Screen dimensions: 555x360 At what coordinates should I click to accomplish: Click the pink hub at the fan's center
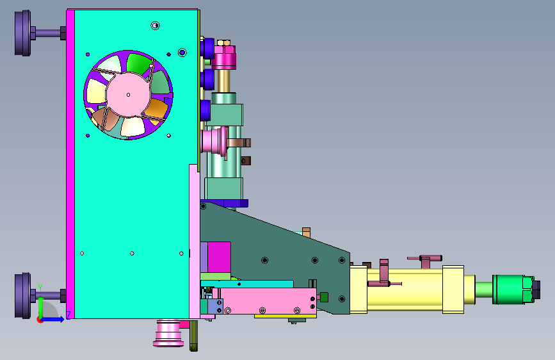(128, 95)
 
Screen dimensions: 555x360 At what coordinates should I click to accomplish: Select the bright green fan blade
(138, 64)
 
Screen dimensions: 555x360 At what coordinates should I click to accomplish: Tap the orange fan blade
(156, 109)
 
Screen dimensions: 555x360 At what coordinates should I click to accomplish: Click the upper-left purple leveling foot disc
(22, 33)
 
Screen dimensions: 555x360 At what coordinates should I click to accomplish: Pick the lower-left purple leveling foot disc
(22, 295)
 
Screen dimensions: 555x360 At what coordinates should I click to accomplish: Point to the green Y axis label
(40, 288)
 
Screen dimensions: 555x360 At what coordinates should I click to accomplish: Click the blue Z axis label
(68, 315)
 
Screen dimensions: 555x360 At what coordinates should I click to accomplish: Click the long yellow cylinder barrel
(405, 290)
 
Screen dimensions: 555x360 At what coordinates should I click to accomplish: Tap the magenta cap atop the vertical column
(223, 58)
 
